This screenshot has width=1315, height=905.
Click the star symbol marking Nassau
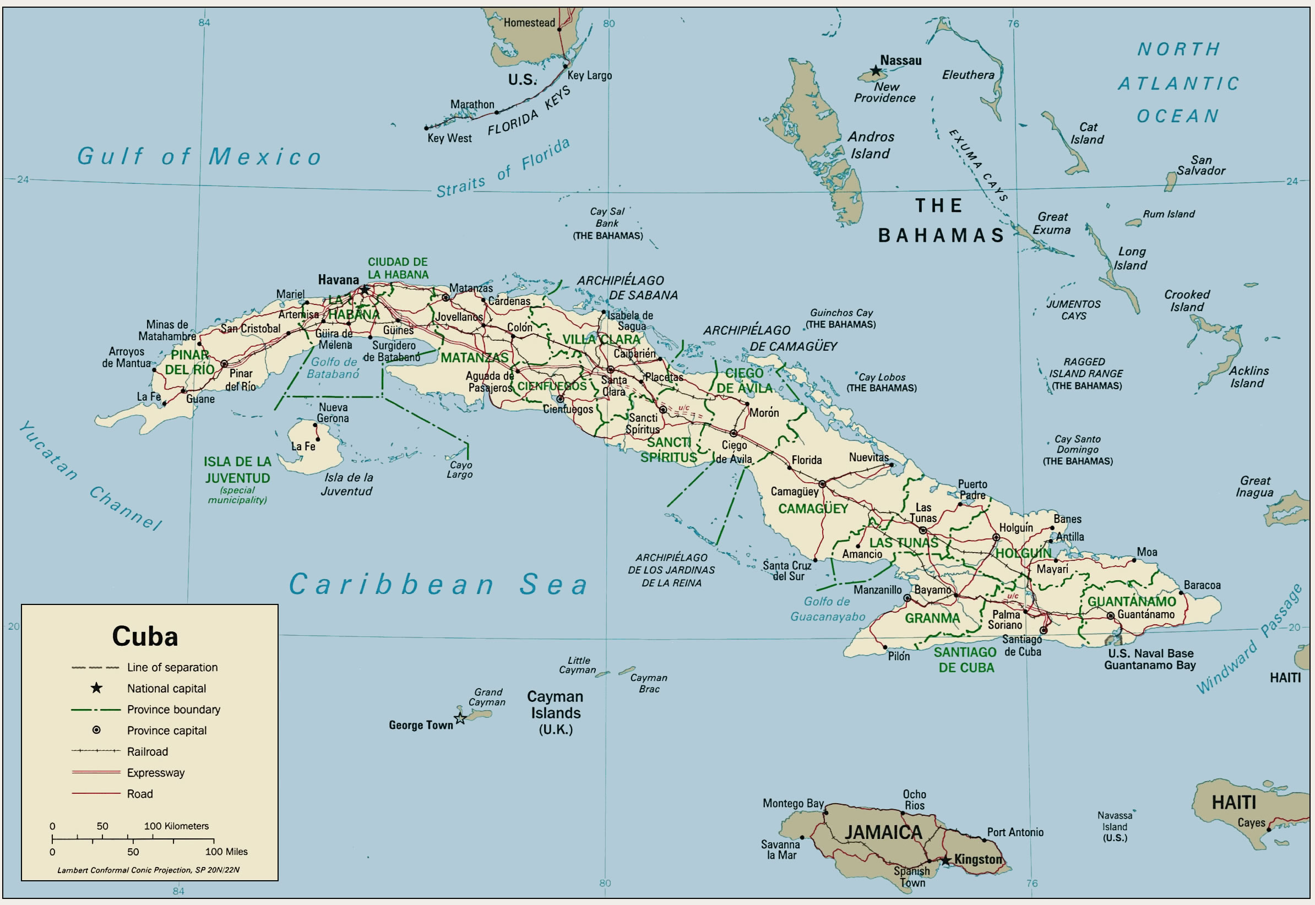coord(876,71)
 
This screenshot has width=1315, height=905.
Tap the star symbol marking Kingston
coord(946,860)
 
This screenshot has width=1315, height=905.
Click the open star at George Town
coord(460,719)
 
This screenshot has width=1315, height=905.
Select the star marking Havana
coord(365,290)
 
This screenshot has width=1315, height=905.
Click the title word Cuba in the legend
coord(145,636)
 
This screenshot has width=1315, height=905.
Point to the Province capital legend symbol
coord(96,730)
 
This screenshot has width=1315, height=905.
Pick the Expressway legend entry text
coord(156,772)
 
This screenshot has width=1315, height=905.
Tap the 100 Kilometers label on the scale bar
coord(176,826)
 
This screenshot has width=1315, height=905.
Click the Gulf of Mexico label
coord(199,156)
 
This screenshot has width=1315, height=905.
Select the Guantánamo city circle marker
coord(1111,615)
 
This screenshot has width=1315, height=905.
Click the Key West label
coord(449,138)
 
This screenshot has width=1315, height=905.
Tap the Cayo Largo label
coord(459,470)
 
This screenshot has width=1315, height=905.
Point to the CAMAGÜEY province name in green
coord(813,509)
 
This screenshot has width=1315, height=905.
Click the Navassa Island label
coord(1114,827)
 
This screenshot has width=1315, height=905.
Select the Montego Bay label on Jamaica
coord(793,803)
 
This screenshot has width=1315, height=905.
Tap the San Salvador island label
coord(1200,166)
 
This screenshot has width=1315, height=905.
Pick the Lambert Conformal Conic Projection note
coord(149,870)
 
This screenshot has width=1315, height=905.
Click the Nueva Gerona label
coord(333,413)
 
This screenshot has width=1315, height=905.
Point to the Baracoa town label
coord(1202,585)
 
